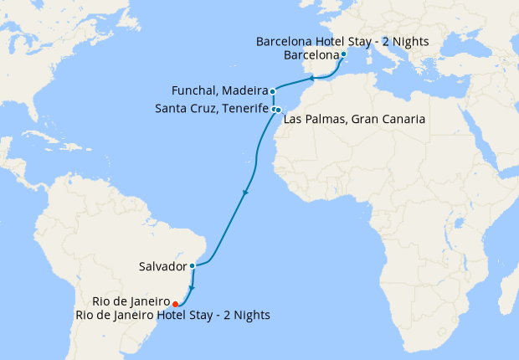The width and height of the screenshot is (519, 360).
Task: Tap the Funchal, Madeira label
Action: pyautogui.click(x=218, y=90)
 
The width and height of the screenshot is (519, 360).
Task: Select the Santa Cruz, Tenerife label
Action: pyautogui.click(x=212, y=109)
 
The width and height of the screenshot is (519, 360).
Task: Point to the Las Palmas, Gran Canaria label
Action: pyautogui.click(x=355, y=120)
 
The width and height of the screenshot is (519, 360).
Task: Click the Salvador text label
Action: pyautogui.click(x=162, y=266)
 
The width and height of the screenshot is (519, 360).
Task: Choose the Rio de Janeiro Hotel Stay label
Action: pyautogui.click(x=172, y=316)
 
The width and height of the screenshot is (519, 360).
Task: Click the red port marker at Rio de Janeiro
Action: pyautogui.click(x=174, y=304)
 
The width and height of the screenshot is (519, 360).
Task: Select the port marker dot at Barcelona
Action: pyautogui.click(x=344, y=55)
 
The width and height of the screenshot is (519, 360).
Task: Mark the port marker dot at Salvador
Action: pyautogui.click(x=193, y=266)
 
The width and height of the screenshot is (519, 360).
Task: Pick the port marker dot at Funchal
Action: pyautogui.click(x=272, y=90)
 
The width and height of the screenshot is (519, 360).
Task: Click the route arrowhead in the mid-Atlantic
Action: pyautogui.click(x=244, y=193)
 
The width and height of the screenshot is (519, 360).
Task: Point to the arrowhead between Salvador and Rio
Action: pyautogui.click(x=192, y=287)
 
